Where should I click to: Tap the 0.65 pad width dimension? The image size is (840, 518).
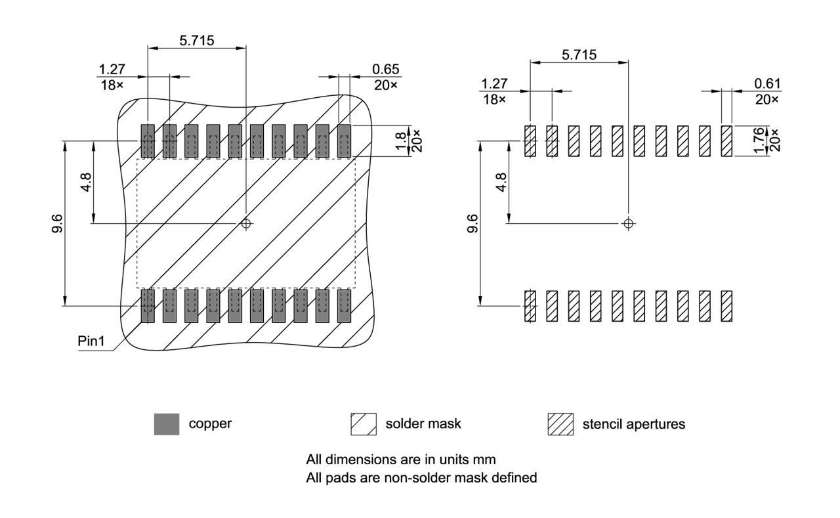pyautogui.click(x=386, y=69)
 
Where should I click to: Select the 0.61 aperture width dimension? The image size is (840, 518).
pyautogui.click(x=768, y=83)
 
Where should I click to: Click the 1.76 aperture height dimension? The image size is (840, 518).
pyautogui.click(x=760, y=140)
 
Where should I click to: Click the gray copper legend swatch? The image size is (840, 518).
pyautogui.click(x=167, y=424)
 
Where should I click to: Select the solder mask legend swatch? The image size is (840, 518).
pyautogui.click(x=364, y=424)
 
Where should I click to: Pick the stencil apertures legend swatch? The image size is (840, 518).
pyautogui.click(x=560, y=424)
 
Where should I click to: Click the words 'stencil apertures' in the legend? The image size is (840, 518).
pyautogui.click(x=633, y=424)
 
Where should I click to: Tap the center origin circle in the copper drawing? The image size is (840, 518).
pyautogui.click(x=246, y=223)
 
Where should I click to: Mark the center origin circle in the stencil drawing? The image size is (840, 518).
pyautogui.click(x=629, y=223)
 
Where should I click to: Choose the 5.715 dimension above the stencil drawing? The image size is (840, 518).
pyautogui.click(x=579, y=54)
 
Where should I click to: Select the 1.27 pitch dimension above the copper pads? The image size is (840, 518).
pyautogui.click(x=112, y=69)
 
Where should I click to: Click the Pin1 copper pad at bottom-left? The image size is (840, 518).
pyautogui.click(x=148, y=305)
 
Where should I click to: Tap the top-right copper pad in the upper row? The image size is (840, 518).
pyautogui.click(x=345, y=140)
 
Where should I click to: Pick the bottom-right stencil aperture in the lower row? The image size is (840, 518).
pyautogui.click(x=726, y=306)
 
